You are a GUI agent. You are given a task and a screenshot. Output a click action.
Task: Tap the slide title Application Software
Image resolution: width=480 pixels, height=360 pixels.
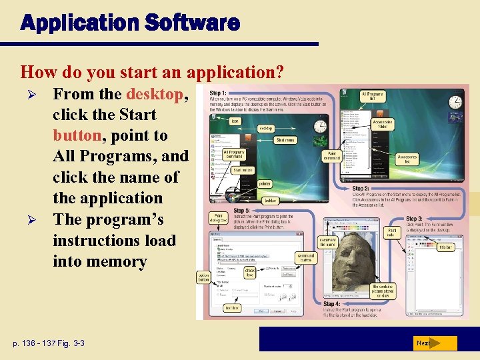point(130,23)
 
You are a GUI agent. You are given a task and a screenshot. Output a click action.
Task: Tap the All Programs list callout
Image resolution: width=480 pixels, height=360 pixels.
point(373,96)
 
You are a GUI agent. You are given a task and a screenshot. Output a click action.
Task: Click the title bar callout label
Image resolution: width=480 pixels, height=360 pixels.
point(446,247)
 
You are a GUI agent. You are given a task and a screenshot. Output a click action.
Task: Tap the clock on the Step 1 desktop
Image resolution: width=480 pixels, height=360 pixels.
point(321,126)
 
